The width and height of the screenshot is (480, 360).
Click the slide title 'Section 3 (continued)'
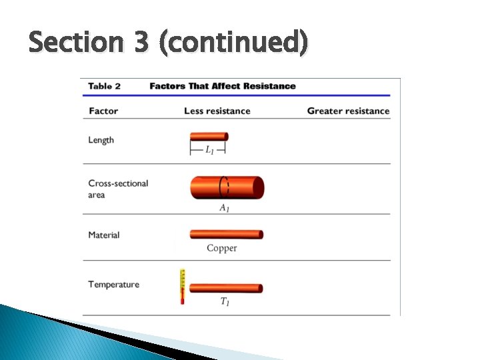point(168,43)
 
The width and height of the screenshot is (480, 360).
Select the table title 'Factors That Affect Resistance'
point(223,86)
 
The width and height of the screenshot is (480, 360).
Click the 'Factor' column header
point(103,111)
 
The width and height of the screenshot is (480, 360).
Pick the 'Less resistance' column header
point(217,111)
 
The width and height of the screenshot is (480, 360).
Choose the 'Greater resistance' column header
point(348,111)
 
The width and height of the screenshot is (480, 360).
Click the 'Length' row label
point(101,140)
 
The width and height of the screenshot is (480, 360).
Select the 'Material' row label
point(104,235)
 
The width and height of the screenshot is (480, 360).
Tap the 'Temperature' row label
point(114,285)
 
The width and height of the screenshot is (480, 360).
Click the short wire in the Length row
point(209,137)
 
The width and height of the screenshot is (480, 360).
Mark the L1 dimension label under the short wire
point(209,149)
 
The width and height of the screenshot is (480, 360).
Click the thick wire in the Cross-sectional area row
point(227,187)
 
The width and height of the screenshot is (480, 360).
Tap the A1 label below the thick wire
point(225,208)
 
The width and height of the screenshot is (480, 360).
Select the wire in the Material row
point(227,235)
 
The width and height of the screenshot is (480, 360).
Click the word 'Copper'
point(222,248)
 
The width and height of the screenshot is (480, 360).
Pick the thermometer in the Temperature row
point(181,287)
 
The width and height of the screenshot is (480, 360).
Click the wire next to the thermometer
point(226,288)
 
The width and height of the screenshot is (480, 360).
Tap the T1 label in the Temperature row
point(225,302)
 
